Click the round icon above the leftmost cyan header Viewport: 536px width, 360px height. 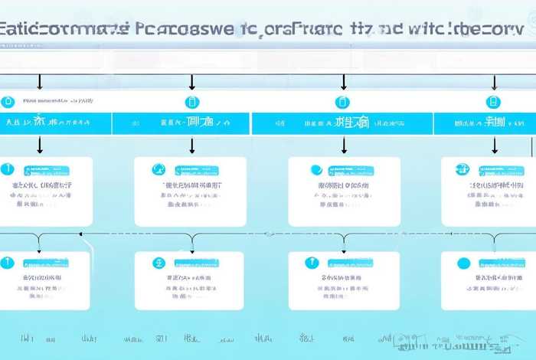pos(8,101)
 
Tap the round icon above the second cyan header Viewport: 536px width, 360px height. pos(191,101)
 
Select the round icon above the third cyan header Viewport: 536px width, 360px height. pos(342,101)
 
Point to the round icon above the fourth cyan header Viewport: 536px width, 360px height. pos(493,101)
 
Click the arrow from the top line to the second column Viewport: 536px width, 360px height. pos(191,82)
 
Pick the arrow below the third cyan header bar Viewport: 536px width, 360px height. pos(343,145)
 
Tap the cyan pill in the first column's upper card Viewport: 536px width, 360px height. pos(47,171)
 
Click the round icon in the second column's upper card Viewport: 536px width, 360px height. pos(159,169)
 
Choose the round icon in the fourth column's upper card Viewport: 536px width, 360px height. pos(462,169)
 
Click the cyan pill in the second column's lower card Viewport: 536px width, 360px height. pos(196,263)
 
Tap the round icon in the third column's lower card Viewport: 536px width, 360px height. pos(311,263)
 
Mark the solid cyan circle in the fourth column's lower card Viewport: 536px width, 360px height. pos(463,263)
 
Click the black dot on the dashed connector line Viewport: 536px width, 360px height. pos(80,234)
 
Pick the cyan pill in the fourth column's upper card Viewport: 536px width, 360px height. pos(501,171)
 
